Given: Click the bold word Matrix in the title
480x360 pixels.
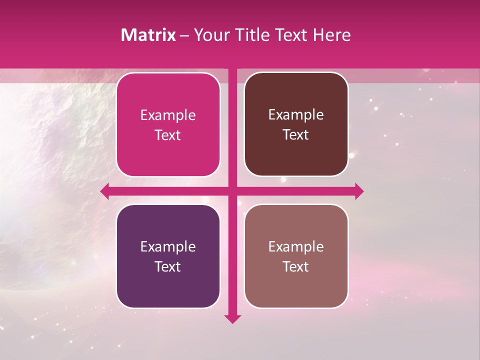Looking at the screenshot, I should coord(148,35).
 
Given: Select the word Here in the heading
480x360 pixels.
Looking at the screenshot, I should coord(331,35).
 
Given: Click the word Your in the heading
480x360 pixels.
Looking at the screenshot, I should coord(210,35).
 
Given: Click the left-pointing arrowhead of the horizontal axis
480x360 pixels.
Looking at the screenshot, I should coord(105,191).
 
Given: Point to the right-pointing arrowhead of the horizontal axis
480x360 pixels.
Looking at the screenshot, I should coord(359,191).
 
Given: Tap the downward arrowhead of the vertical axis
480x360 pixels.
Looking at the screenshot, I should coord(232,318).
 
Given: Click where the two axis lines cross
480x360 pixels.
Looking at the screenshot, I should coord(232,191).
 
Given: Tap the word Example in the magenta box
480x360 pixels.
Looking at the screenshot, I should coord(168,115).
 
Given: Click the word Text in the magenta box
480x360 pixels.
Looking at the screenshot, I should coord(168,135).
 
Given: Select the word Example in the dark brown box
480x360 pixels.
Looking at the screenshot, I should coord(296,114).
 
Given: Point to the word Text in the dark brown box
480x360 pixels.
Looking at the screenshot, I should coord(296,134).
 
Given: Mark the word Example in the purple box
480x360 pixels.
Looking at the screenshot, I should coord(168,246).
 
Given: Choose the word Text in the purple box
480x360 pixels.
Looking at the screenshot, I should coord(168,266).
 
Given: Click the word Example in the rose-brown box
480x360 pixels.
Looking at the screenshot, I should coord(296,246).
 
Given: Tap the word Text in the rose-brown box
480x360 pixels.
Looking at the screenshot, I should coord(296,266).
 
